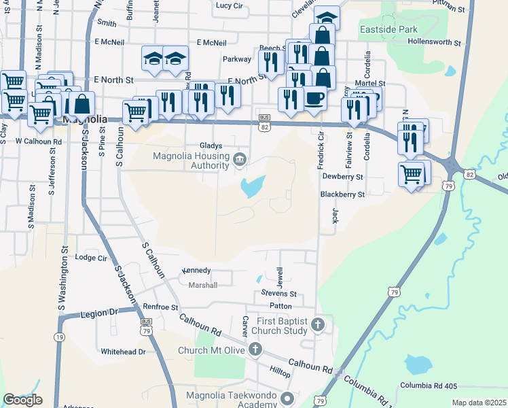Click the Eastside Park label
pyautogui.click(x=407, y=29)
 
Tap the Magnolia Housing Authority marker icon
pyautogui.click(x=240, y=160)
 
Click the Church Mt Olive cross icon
pyautogui.click(x=255, y=350)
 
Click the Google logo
pyautogui.click(x=22, y=400)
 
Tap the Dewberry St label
pyautogui.click(x=343, y=176)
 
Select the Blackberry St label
pyautogui.click(x=343, y=194)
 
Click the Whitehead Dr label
pyautogui.click(x=123, y=352)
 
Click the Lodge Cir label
pyautogui.click(x=91, y=258)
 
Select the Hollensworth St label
pyautogui.click(x=435, y=42)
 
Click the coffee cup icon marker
pyautogui.click(x=314, y=98)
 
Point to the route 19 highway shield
pyautogui.click(x=60, y=337)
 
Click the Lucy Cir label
pyautogui.click(x=229, y=5)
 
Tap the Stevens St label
pyautogui.click(x=279, y=294)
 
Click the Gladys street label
pyautogui.click(x=211, y=146)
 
